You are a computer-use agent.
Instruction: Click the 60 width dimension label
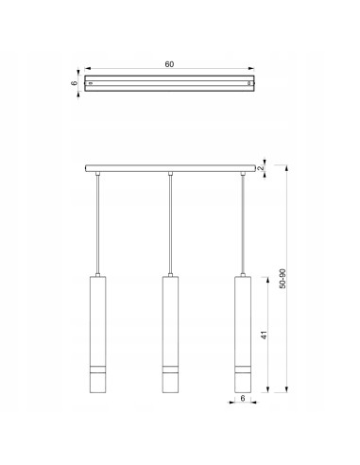[x=170, y=64]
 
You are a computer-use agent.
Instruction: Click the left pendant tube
[x=98, y=321]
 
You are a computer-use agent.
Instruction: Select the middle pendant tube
[x=170, y=321]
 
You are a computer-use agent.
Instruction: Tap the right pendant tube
[x=243, y=321]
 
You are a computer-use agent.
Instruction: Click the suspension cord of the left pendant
[x=98, y=227]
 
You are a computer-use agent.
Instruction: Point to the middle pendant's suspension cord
[x=170, y=227]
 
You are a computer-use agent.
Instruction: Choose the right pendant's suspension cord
[x=243, y=227]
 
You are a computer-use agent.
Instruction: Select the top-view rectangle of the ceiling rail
[x=170, y=83]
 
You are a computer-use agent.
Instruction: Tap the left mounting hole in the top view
[x=90, y=83]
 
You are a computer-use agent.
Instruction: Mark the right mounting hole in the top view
[x=250, y=83]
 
